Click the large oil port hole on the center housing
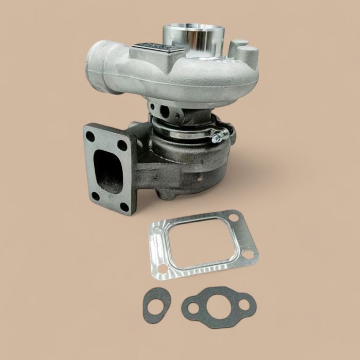coord(164,110)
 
